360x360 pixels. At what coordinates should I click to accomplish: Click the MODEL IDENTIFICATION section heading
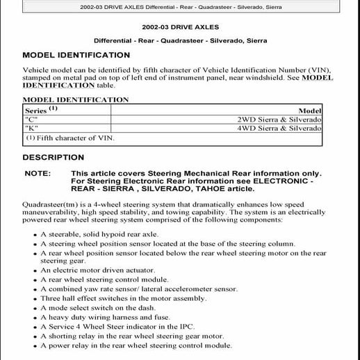(76, 55)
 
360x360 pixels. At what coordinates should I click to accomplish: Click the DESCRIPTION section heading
(54, 158)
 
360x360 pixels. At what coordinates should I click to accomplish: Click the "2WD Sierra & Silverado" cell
(298, 120)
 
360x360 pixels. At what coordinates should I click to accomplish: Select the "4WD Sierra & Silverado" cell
(298, 129)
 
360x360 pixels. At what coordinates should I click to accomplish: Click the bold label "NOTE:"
(38, 174)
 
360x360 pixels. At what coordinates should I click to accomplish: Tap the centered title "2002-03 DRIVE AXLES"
(179, 26)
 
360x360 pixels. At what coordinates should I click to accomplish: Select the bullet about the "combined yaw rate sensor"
(138, 288)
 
